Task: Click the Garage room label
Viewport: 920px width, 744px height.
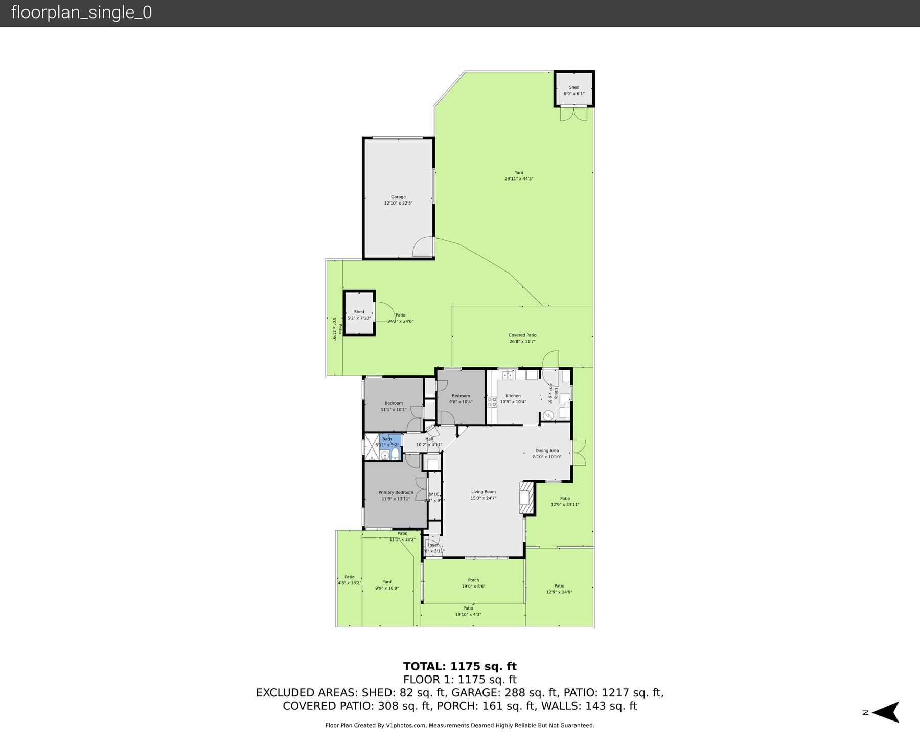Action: [398, 197]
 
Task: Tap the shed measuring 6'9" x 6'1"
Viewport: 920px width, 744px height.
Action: [574, 90]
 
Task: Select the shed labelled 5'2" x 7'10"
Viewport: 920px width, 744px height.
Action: [359, 314]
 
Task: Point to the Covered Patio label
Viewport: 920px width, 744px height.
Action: [522, 335]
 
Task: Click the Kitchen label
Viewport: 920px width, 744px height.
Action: [513, 396]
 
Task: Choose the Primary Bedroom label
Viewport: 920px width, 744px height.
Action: [396, 492]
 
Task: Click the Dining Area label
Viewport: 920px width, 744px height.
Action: [547, 450]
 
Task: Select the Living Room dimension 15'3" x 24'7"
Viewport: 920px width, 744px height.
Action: [483, 498]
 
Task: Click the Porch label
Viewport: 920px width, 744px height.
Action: [473, 580]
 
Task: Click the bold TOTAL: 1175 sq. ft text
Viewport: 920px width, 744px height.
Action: [459, 666]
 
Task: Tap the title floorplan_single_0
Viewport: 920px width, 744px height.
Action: [81, 13]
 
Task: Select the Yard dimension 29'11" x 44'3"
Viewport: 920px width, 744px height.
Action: [519, 179]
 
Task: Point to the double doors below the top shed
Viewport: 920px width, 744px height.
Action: [573, 114]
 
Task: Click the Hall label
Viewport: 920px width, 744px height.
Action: [429, 439]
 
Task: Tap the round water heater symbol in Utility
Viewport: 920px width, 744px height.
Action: [548, 415]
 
